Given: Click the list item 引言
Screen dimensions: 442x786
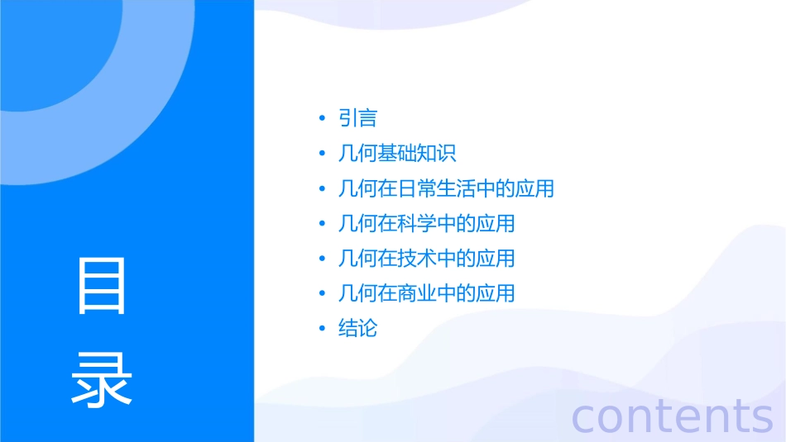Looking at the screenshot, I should pyautogui.click(x=357, y=119).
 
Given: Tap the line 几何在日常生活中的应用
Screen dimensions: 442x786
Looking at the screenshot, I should pyautogui.click(x=446, y=188).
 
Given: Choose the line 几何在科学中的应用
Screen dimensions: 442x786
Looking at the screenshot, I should pyautogui.click(x=426, y=223).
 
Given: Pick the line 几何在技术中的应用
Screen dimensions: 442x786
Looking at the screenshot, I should pyautogui.click(x=426, y=259).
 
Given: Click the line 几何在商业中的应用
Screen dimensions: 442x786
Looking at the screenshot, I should pyautogui.click(x=426, y=293).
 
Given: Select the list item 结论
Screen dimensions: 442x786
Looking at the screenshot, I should pyautogui.click(x=357, y=328).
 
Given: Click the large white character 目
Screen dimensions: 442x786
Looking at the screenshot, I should pyautogui.click(x=102, y=286).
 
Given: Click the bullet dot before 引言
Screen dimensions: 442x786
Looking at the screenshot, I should pyautogui.click(x=322, y=119).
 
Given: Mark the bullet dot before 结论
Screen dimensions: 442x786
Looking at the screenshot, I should pyautogui.click(x=322, y=329).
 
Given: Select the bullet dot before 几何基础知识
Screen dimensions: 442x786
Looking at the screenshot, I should pyautogui.click(x=322, y=154).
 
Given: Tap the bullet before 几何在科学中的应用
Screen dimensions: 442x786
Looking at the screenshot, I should pyautogui.click(x=322, y=224).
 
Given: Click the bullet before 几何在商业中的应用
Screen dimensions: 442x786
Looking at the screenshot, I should pyautogui.click(x=322, y=294).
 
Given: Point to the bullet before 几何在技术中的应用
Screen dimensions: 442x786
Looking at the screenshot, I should pyautogui.click(x=322, y=259).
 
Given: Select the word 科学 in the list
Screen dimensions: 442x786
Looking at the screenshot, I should pyautogui.click(x=416, y=223).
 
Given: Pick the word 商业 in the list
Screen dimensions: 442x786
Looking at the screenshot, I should pyautogui.click(x=416, y=293).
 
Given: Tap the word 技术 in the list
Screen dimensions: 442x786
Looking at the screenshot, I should pyautogui.click(x=416, y=259).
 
